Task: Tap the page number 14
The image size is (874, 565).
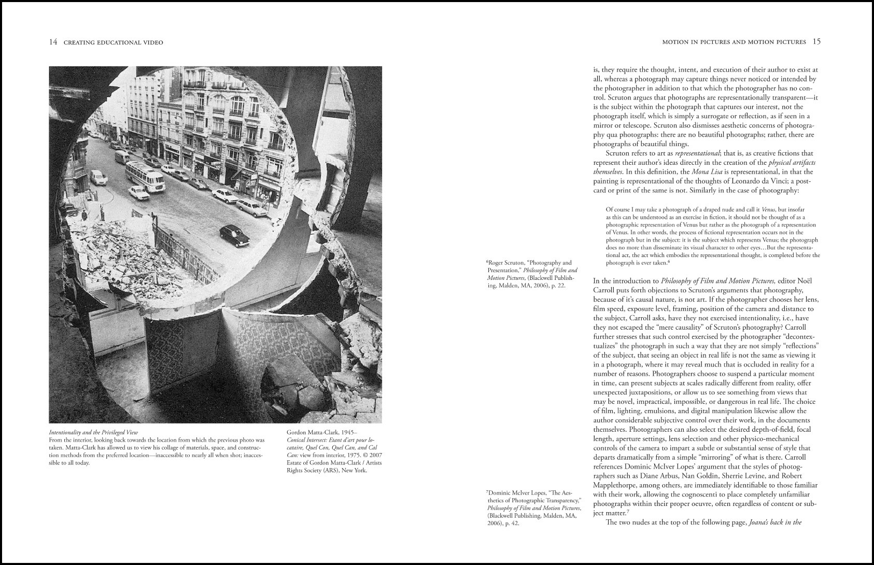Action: point(53,42)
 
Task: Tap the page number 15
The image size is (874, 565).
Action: point(816,41)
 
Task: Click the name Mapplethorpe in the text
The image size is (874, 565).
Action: point(618,485)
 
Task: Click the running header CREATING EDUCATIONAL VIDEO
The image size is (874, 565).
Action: point(113,43)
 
